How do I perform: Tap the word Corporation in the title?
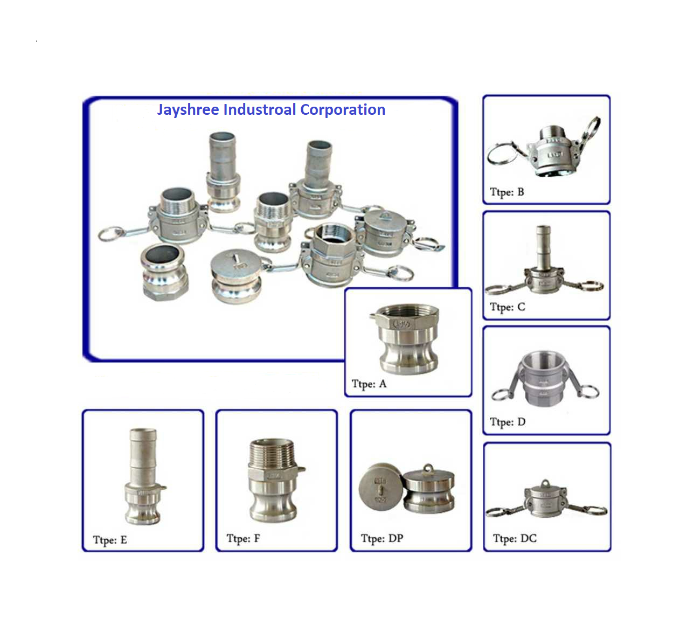(343, 109)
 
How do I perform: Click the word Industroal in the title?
(260, 109)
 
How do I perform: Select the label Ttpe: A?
(369, 384)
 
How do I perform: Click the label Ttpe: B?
(506, 192)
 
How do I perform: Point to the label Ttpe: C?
(508, 307)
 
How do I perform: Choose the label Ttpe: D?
(508, 422)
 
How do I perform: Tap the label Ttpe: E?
(110, 540)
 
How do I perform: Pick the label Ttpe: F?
(243, 539)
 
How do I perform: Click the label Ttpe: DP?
(382, 538)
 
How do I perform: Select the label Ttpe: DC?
(515, 539)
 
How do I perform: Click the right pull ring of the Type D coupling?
(588, 391)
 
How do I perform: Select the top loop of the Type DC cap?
(545, 484)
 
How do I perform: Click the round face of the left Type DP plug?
(381, 487)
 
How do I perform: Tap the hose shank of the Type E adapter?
(143, 455)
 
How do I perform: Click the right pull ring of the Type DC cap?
(596, 511)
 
